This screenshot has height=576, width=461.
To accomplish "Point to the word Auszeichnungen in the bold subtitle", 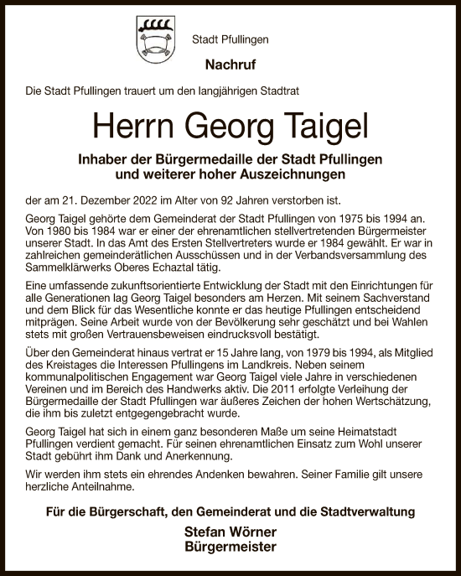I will [x=279, y=175].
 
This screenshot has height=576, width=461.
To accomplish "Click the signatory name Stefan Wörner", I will [x=230, y=533].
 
